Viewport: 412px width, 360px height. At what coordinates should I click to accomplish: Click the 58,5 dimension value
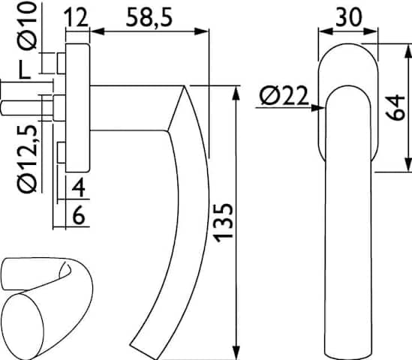pos(149,17)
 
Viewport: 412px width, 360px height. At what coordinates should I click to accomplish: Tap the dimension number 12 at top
pos(77,17)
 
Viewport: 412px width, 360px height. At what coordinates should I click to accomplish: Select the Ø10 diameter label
pos(27,25)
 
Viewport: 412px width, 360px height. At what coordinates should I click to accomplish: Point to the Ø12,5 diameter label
pos(27,159)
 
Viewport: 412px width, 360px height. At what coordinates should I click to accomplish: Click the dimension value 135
pos(223,223)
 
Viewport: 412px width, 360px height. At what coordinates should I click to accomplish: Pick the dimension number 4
pos(78,187)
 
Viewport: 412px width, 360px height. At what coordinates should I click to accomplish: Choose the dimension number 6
pos(78,215)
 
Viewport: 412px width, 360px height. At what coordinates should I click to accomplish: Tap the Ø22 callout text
pos(284,96)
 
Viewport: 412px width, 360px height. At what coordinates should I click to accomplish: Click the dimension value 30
pos(349,17)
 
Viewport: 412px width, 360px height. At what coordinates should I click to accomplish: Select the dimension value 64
pos(395,108)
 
